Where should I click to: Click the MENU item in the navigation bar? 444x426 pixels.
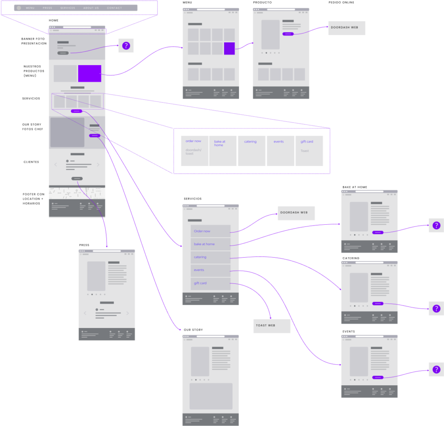(x=30, y=8)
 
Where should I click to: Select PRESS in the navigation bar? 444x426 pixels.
(x=47, y=8)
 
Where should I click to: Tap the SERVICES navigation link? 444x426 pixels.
(x=68, y=8)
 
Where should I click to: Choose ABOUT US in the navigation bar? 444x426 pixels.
(x=91, y=8)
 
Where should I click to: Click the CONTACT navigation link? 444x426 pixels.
(x=114, y=8)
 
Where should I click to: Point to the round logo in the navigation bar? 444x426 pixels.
(x=19, y=8)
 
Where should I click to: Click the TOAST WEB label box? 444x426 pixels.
(x=272, y=326)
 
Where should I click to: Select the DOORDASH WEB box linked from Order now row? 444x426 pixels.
(x=296, y=213)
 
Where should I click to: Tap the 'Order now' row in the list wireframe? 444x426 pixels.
(x=210, y=231)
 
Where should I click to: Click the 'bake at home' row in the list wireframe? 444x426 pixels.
(x=210, y=244)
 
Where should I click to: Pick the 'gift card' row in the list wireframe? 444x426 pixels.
(x=210, y=283)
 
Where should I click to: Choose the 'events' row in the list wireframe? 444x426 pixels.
(x=210, y=270)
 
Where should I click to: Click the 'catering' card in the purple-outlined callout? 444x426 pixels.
(x=251, y=151)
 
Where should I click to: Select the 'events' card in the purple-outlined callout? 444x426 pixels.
(x=280, y=151)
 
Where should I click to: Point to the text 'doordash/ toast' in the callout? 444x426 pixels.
(x=193, y=152)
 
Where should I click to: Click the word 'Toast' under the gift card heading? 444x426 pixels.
(x=305, y=151)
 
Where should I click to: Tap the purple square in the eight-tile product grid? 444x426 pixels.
(x=229, y=49)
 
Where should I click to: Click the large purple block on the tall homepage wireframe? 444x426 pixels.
(x=90, y=73)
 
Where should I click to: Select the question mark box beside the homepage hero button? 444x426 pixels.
(x=126, y=46)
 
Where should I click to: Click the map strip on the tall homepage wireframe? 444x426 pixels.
(x=77, y=193)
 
